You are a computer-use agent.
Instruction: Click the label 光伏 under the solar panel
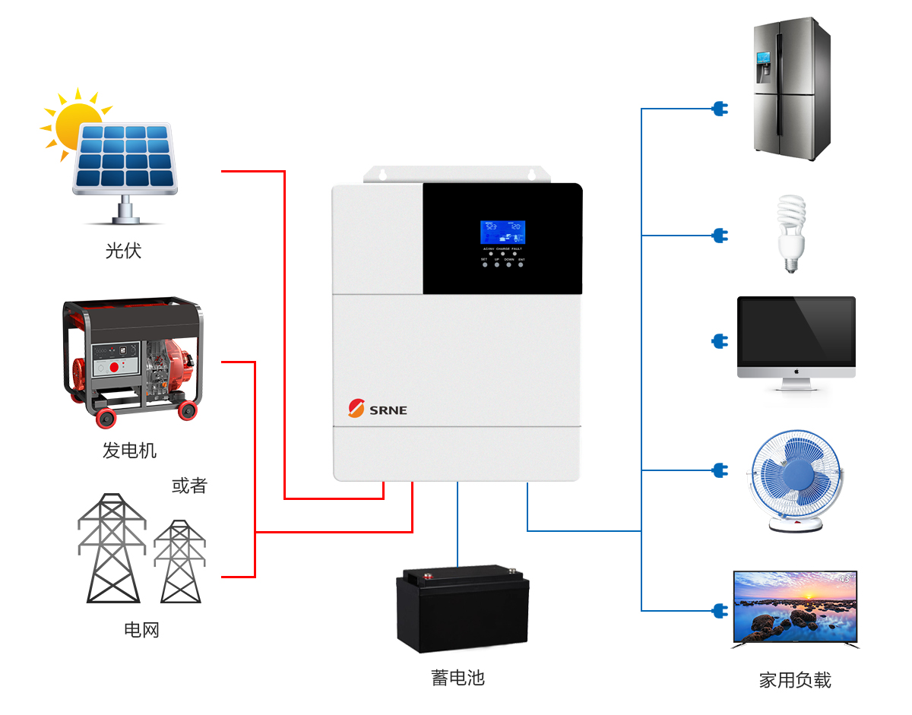click(123, 250)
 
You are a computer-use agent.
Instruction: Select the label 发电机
click(129, 451)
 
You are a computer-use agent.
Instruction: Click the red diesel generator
click(131, 358)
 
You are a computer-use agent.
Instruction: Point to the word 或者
click(189, 486)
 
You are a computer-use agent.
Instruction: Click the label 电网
click(141, 629)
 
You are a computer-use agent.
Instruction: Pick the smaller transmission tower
click(180, 562)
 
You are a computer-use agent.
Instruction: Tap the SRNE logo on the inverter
click(378, 409)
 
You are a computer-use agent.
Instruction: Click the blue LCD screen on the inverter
click(502, 232)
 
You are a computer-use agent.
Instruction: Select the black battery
click(462, 608)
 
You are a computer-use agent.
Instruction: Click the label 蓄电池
click(458, 677)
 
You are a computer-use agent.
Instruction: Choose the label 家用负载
click(795, 680)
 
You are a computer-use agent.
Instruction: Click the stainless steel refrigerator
click(792, 89)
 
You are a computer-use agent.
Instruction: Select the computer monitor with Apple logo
click(796, 342)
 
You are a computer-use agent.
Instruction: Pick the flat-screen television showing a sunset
click(795, 609)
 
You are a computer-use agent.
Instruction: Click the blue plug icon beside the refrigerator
click(719, 109)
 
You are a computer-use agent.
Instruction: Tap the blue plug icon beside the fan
click(719, 470)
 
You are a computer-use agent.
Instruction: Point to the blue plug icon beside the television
click(719, 610)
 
